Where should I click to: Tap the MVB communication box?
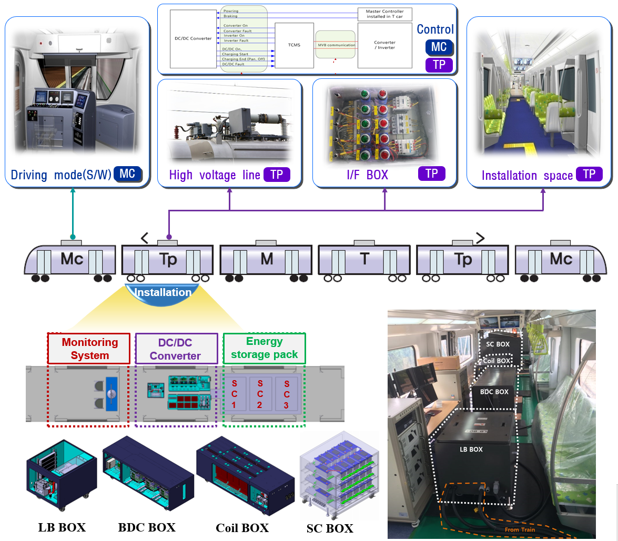pos(336,45)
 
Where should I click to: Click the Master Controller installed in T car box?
pos(384,14)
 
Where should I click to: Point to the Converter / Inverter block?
pos(384,45)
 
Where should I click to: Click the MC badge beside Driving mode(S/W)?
pos(127,174)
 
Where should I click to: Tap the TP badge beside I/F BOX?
pos(431,174)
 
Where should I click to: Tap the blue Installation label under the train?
pos(163,292)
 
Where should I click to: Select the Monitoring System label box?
pos(89,349)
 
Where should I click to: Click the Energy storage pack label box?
pos(264,348)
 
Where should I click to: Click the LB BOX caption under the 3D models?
pos(62,526)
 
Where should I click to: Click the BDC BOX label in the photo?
pos(494,392)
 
